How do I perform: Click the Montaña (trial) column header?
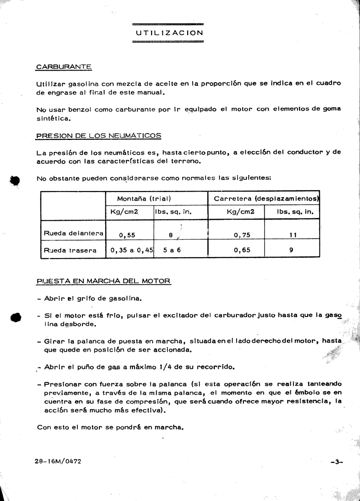(145, 198)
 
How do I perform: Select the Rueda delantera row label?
(73, 233)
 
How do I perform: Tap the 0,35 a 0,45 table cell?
(130, 250)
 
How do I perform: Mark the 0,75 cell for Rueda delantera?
(242, 234)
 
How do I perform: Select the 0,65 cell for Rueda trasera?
(242, 250)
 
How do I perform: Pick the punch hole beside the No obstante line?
(15, 179)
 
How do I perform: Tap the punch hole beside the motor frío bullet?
(15, 317)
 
